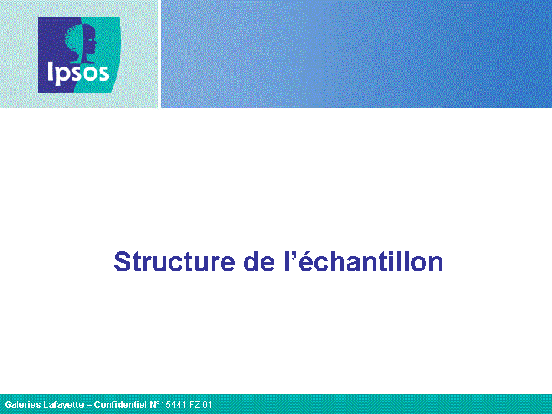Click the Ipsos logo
79,55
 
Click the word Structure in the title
174,261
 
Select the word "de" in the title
259,261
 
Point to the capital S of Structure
122,261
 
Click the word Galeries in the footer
23,405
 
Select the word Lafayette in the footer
64,405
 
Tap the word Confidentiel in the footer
120,405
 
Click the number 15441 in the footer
174,405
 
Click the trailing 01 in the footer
208,405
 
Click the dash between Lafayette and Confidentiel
89,406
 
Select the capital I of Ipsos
50,71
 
